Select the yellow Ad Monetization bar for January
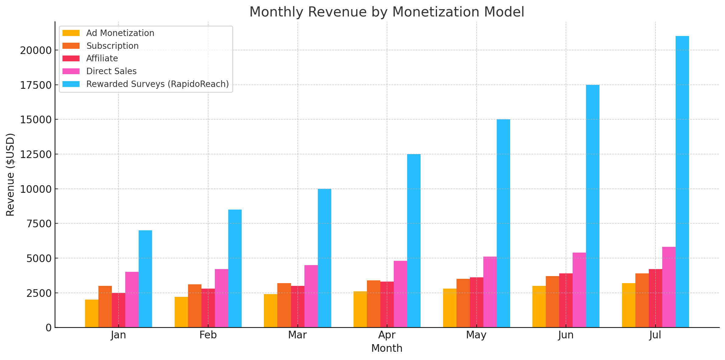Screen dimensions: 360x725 tap(92, 313)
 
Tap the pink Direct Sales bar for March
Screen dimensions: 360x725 tap(311, 296)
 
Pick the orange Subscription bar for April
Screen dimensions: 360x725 tap(373, 304)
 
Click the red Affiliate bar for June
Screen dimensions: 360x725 tap(566, 300)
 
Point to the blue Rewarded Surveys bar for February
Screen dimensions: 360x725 tap(235, 268)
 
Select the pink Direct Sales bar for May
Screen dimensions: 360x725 tap(490, 292)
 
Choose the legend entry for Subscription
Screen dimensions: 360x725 tap(112, 46)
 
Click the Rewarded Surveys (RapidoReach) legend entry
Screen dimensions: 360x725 tap(157, 84)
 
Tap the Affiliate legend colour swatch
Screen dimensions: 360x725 tap(71, 58)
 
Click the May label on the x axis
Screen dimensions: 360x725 tap(476, 335)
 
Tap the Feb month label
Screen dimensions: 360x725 tap(208, 335)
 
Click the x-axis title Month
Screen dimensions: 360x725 tap(386, 348)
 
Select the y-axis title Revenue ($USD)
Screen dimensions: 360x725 tap(10, 175)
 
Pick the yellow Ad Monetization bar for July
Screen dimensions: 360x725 tap(628, 305)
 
